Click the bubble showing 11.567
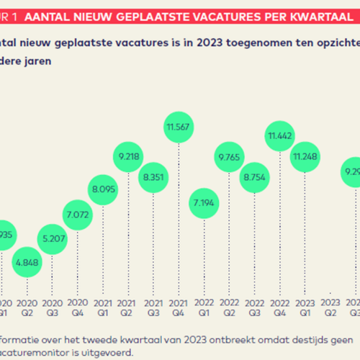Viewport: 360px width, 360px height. click(x=179, y=128)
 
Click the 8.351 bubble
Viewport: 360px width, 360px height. click(x=153, y=176)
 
